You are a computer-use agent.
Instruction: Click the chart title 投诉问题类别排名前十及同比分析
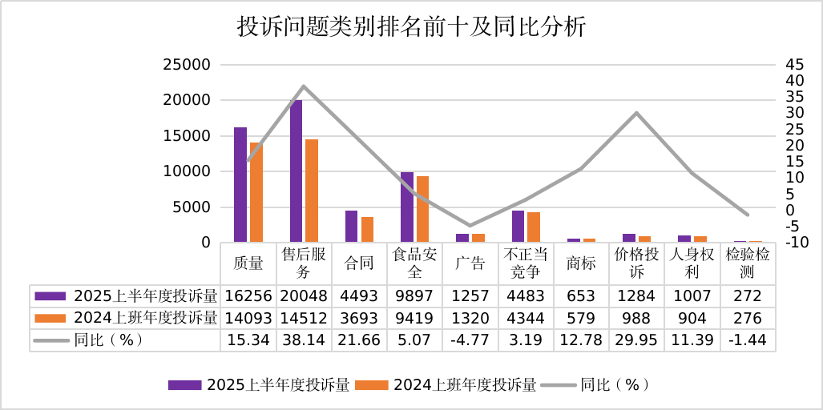(x=412, y=27)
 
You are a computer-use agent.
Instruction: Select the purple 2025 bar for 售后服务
(x=296, y=170)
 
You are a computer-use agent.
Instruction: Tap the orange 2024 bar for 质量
(x=256, y=192)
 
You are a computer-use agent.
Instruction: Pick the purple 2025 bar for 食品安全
(x=407, y=207)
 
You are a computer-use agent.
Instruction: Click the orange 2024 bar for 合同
(x=368, y=229)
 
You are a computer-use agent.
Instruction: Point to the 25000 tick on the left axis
(x=187, y=65)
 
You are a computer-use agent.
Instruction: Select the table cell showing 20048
(x=303, y=296)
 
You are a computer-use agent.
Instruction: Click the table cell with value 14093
(x=248, y=318)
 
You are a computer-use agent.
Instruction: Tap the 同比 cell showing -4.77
(x=470, y=340)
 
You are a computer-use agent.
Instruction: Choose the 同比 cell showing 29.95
(x=636, y=340)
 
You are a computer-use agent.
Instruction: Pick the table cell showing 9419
(x=414, y=318)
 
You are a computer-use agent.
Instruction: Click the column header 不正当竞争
(x=526, y=263)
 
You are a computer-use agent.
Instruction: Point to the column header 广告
(x=470, y=263)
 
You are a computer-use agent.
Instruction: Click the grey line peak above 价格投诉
(x=637, y=113)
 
